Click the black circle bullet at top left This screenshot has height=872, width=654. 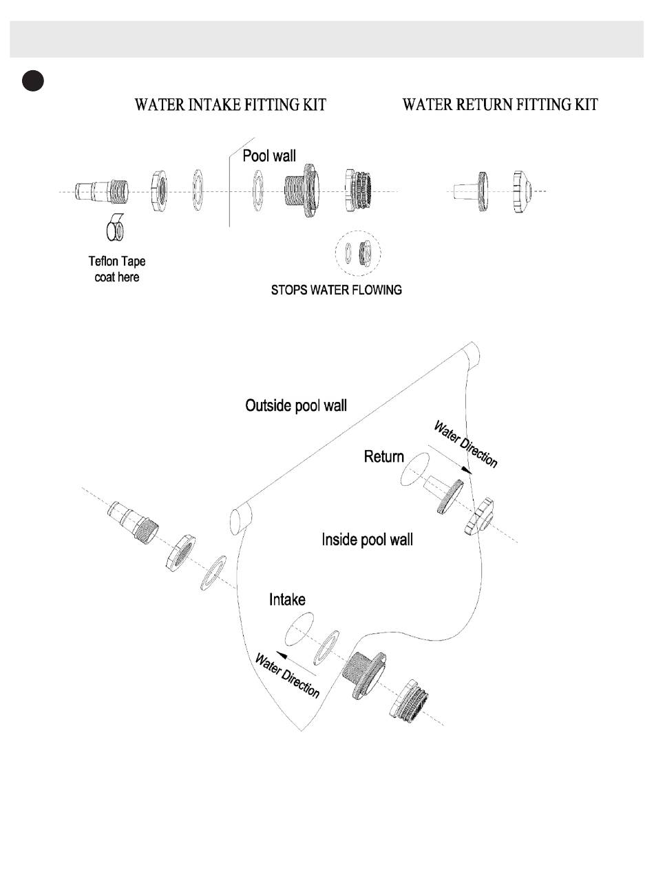point(32,81)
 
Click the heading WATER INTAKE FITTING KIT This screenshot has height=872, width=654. point(230,105)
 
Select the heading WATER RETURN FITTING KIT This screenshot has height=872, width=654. point(500,105)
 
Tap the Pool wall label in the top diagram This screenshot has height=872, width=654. point(269,156)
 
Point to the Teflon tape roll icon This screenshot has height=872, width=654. point(115,230)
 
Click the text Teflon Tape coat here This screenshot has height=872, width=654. point(117,269)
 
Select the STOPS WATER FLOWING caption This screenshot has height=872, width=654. point(337,290)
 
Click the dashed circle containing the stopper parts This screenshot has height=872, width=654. point(358,253)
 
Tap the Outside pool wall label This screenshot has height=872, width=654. point(296,405)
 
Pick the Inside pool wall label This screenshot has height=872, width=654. point(367,540)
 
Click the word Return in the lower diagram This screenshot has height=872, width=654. point(383,456)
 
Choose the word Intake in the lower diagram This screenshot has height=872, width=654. point(287,599)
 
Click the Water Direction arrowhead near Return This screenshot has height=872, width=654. point(468,470)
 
